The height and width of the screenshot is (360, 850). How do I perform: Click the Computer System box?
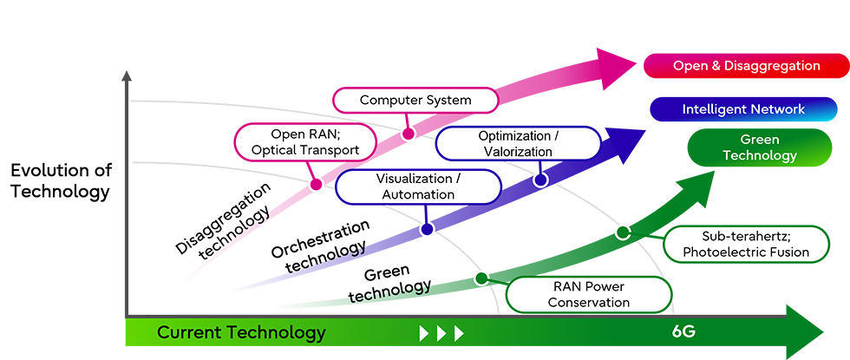click(415, 100)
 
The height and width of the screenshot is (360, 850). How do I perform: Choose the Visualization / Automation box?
click(418, 187)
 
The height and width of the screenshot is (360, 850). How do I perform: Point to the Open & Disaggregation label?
click(746, 66)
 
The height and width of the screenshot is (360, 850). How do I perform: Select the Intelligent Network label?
click(743, 109)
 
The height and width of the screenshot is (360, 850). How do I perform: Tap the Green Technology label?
click(759, 147)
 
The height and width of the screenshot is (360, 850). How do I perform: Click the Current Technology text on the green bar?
click(241, 332)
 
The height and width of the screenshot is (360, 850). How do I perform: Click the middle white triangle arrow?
click(441, 333)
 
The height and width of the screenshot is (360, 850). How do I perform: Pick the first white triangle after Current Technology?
click(425, 333)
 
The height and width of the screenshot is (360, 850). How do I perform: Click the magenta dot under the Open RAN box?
click(316, 183)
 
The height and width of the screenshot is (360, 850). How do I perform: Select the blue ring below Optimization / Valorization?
click(540, 180)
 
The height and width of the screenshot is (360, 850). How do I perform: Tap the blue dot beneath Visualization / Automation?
click(426, 229)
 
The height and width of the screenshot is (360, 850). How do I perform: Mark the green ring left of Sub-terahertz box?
click(621, 232)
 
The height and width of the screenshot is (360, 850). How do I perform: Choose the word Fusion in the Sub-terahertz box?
click(785, 252)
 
